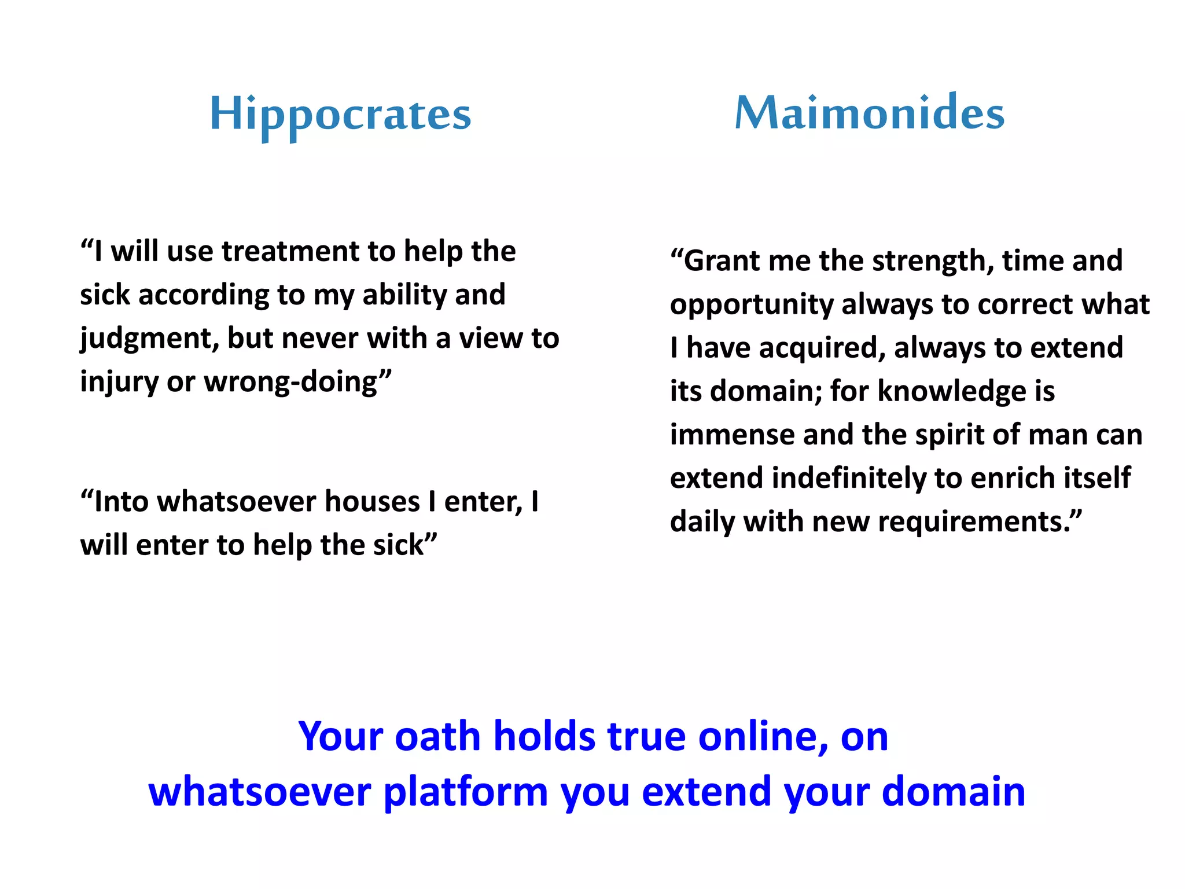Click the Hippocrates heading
340,115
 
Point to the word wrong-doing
297,383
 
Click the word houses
371,502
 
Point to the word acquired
821,348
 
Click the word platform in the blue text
465,792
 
